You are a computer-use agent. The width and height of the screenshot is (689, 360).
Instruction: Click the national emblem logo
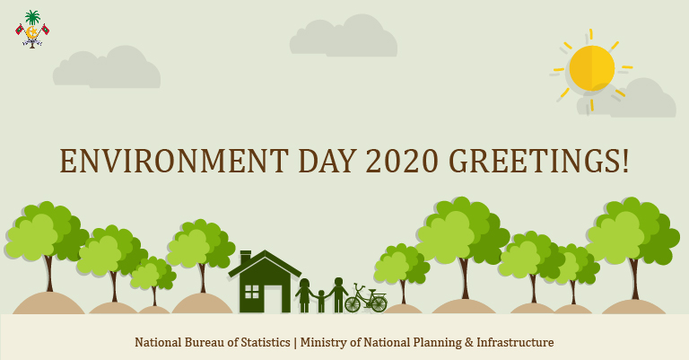(32, 29)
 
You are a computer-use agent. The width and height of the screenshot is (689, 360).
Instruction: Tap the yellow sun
(592, 67)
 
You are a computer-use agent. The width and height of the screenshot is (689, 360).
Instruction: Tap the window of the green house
(251, 291)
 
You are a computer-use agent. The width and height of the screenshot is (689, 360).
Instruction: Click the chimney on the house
(246, 258)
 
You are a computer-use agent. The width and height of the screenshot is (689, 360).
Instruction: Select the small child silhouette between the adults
(321, 301)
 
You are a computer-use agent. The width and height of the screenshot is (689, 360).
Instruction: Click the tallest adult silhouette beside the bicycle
(338, 294)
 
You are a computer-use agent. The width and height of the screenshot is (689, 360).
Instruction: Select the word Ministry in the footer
(324, 342)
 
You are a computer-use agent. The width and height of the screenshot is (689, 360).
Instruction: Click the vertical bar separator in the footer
(294, 342)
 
